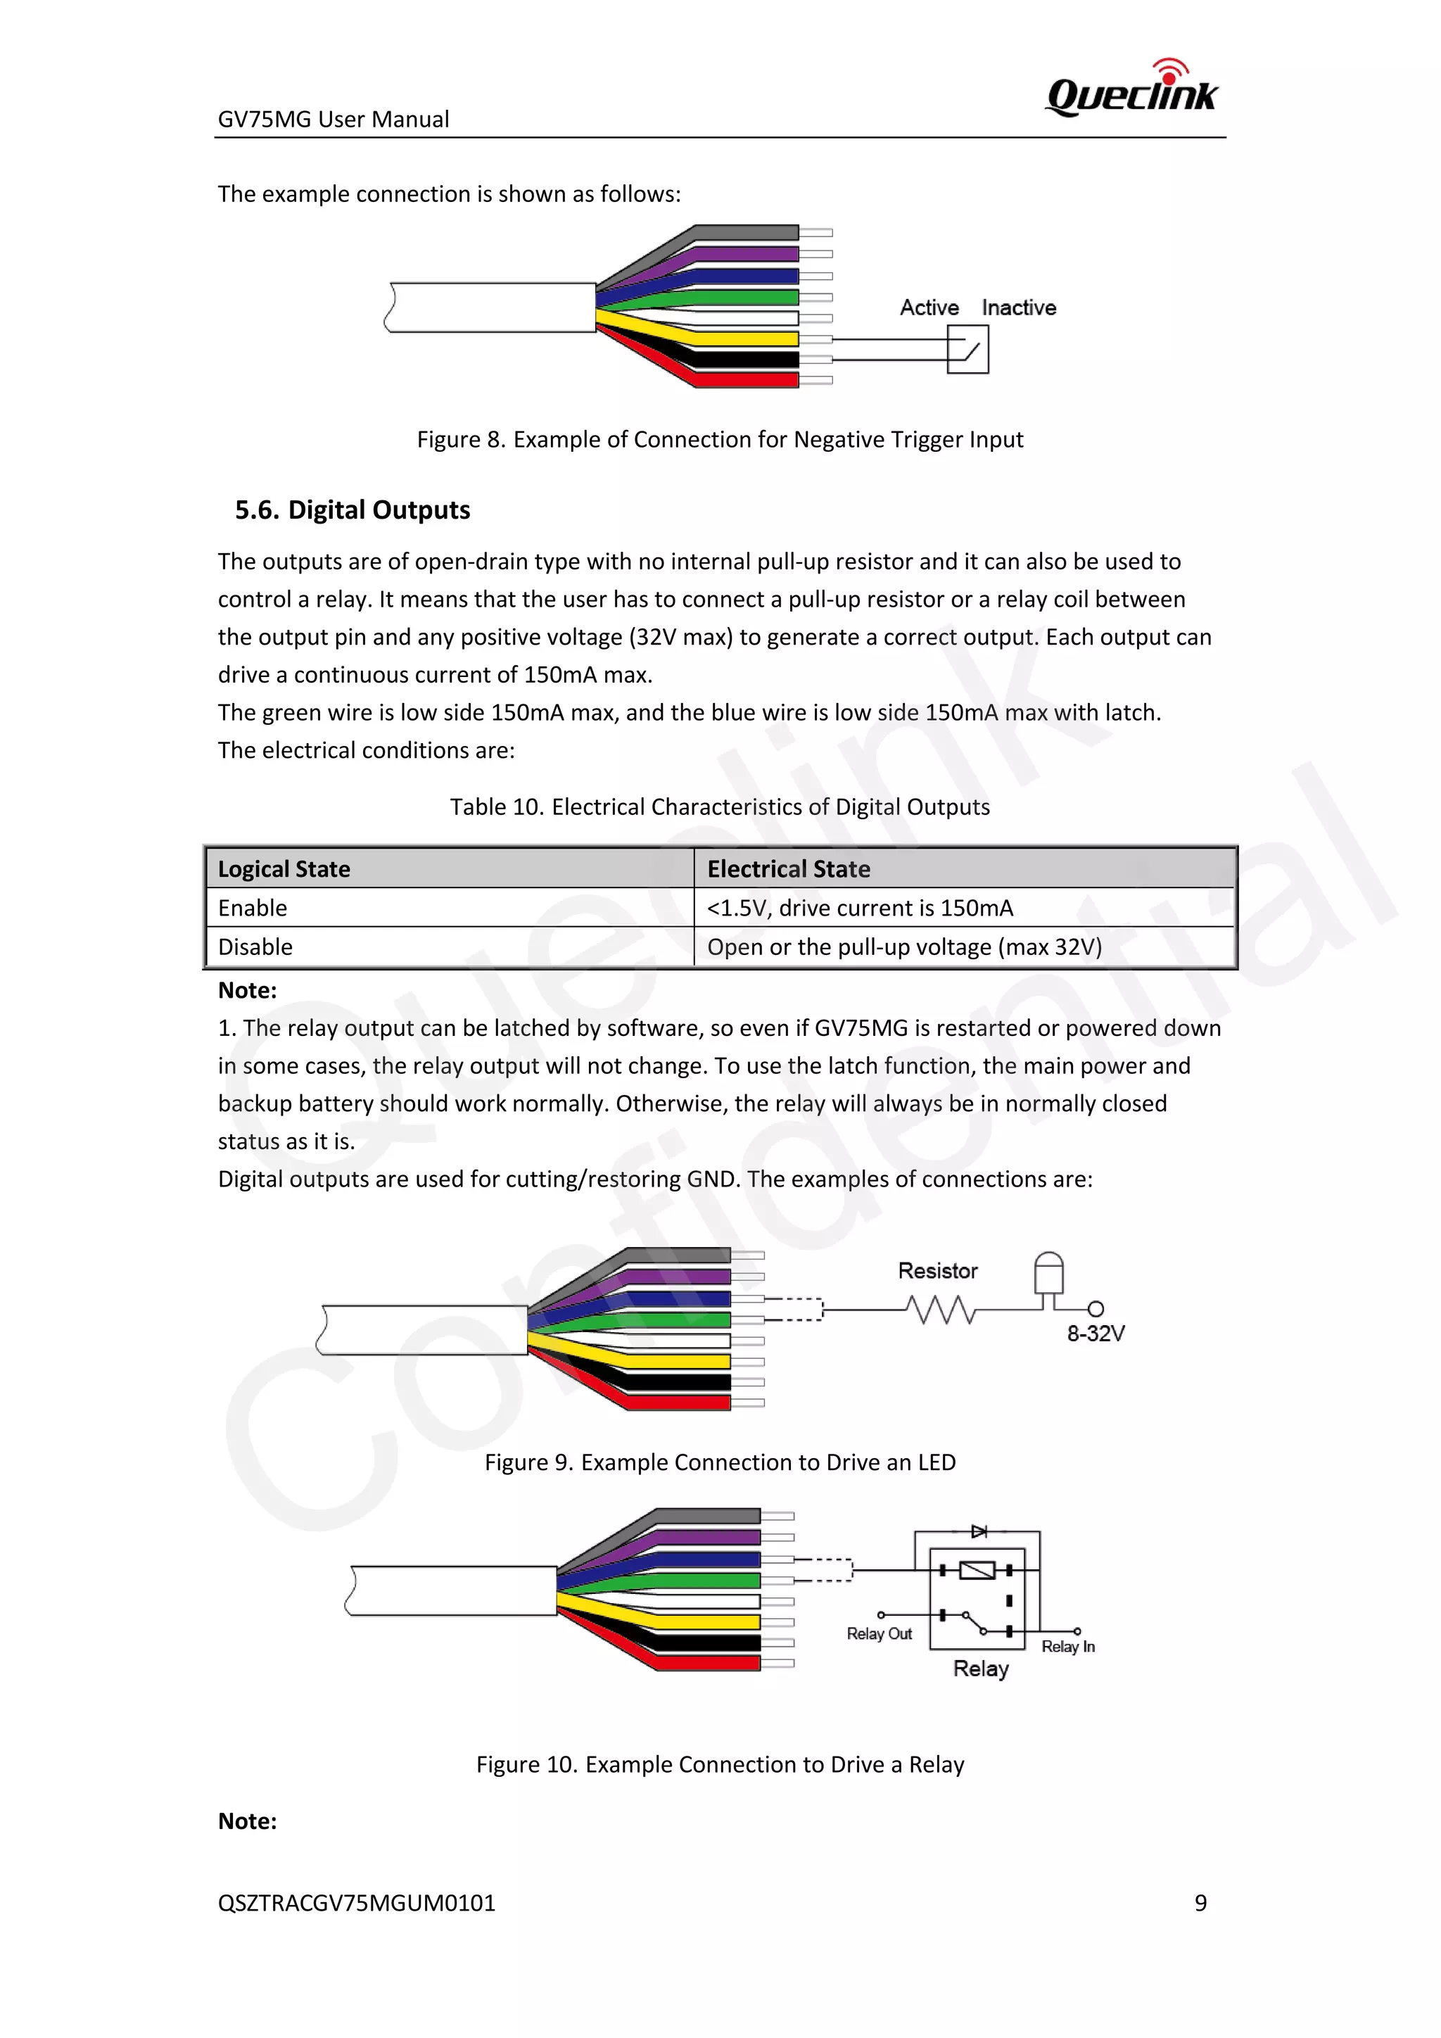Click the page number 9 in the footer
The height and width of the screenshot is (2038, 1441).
1200,1902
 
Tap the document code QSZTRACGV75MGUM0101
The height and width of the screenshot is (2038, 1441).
357,1902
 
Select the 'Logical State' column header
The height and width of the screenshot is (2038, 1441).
284,869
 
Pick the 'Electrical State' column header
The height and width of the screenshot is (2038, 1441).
788,869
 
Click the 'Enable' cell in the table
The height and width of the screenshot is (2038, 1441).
253,908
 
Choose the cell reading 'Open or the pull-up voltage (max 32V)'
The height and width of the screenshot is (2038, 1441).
904,947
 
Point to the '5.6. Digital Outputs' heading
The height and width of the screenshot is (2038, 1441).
353,509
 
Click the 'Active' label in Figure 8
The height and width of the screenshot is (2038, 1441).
929,308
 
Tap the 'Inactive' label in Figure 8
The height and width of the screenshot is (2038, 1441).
1019,308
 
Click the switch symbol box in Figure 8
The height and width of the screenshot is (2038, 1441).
967,350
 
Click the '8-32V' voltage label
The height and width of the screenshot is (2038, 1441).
1096,1334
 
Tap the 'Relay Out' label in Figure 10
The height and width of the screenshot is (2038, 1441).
878,1633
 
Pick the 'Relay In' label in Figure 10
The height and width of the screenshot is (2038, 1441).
1067,1647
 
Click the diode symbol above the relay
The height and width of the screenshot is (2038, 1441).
979,1531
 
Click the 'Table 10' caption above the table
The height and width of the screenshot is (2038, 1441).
720,807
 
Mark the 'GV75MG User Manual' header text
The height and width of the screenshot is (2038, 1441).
334,119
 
